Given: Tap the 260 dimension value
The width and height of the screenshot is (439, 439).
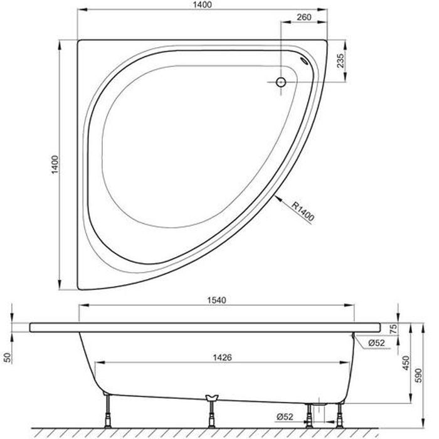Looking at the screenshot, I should tap(304, 18).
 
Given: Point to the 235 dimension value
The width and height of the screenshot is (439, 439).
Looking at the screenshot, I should tap(341, 61).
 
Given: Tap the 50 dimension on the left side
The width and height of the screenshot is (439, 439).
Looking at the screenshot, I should tap(8, 357).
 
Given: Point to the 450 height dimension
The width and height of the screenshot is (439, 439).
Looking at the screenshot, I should tap(406, 362).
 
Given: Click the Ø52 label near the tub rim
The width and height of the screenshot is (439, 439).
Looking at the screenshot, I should tap(376, 342).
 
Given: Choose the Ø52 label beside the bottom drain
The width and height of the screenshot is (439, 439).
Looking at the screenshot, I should tap(283, 416).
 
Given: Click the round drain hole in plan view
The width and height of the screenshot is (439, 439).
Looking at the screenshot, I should tap(282, 83).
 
